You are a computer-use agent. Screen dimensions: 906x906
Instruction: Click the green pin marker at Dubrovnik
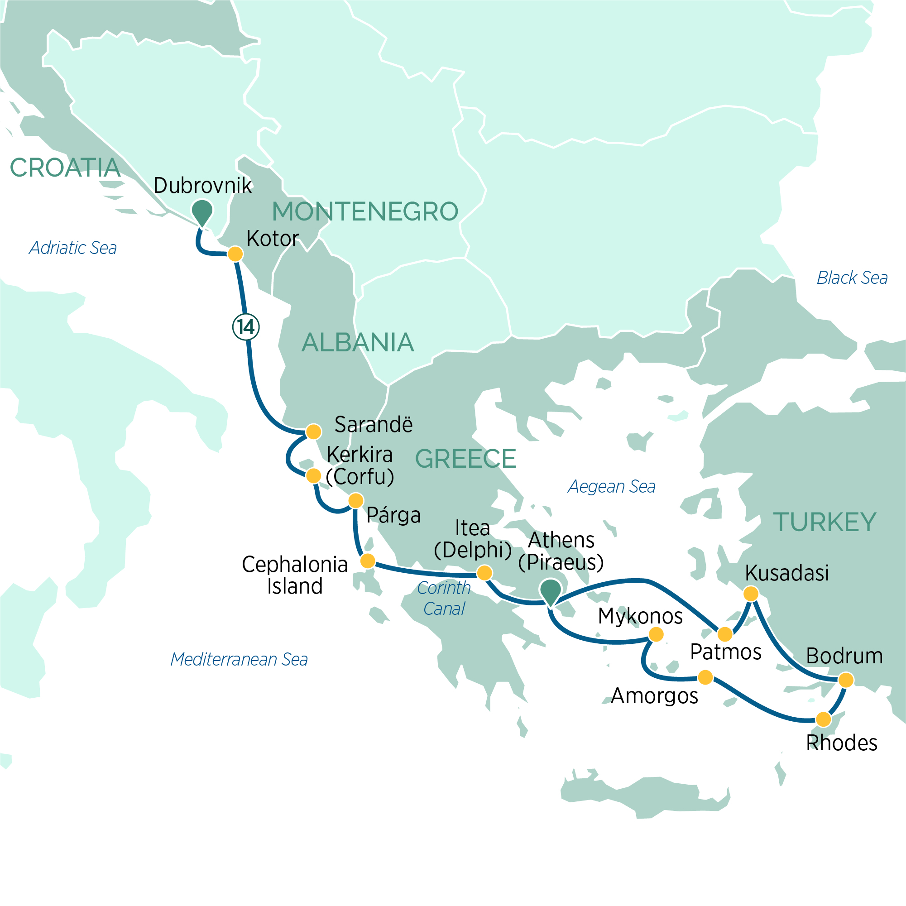(x=202, y=212)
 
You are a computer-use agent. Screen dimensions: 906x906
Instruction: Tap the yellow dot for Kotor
(x=235, y=254)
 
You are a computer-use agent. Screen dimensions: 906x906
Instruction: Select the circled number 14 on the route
(x=246, y=327)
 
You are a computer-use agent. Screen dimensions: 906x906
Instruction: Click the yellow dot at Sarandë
(x=313, y=431)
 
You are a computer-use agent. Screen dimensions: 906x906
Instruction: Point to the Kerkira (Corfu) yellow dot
(x=313, y=476)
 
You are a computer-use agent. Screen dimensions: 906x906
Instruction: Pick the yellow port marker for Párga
(x=356, y=500)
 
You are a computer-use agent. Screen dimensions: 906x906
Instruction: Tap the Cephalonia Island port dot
(x=368, y=561)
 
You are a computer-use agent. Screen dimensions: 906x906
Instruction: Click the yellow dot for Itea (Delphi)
(x=484, y=573)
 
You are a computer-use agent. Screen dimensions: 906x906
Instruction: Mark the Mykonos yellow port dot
(x=656, y=634)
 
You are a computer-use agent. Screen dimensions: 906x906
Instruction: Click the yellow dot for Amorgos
(x=706, y=677)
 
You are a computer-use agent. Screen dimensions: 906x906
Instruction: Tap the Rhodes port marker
(x=824, y=719)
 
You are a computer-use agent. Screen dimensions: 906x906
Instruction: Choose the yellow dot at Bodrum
(x=846, y=680)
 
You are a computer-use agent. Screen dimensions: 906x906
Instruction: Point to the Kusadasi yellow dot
(x=751, y=594)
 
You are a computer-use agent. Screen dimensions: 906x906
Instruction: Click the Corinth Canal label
(x=444, y=599)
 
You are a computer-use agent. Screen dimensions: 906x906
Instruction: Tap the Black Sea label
(x=852, y=278)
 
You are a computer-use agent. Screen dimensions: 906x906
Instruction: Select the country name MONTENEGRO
(x=365, y=211)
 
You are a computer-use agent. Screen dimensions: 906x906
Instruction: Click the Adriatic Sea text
(x=73, y=248)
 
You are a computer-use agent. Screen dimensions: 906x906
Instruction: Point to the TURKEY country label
(x=825, y=522)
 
